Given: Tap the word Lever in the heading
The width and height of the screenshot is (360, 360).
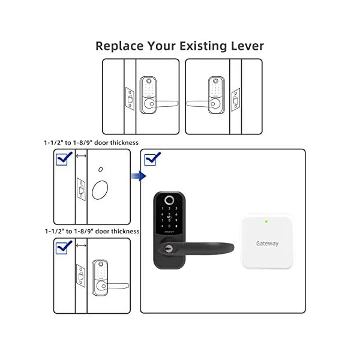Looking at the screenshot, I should click(x=246, y=46).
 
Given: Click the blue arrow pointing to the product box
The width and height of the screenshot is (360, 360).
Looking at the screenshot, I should click(x=139, y=176).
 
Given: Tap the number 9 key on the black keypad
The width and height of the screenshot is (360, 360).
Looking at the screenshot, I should click(x=176, y=223).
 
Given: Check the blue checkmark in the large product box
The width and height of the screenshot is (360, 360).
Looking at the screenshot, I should click(x=153, y=158).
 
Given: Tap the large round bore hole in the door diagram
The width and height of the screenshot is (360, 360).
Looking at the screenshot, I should click(x=100, y=191).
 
